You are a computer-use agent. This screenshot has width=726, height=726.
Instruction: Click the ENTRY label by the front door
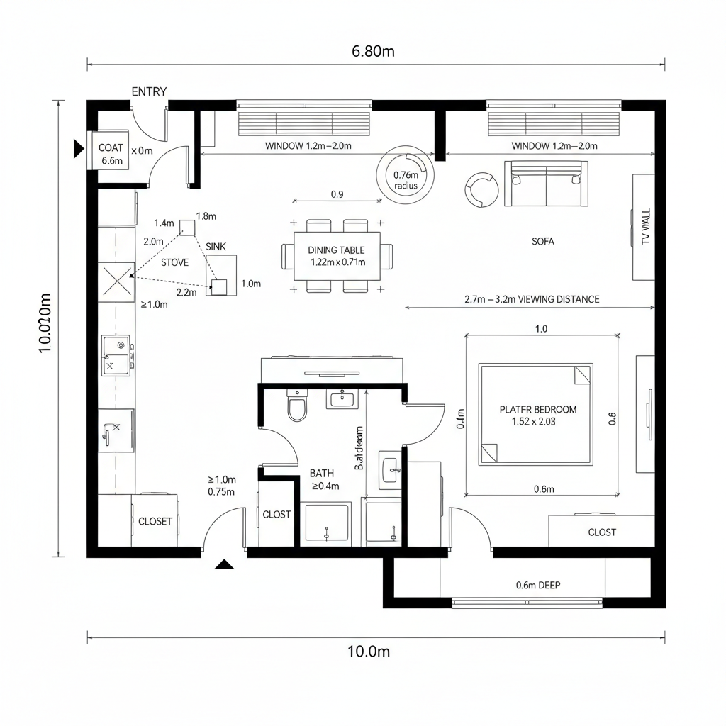(x=149, y=91)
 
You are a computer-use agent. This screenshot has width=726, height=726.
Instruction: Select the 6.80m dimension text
(x=372, y=51)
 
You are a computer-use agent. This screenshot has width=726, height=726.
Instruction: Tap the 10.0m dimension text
(x=369, y=652)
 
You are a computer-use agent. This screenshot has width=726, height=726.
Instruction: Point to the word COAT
(x=111, y=147)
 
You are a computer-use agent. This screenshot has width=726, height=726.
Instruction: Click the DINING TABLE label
(x=337, y=250)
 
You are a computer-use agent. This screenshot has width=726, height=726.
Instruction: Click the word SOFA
(x=543, y=241)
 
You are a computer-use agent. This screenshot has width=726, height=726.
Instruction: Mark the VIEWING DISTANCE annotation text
(x=532, y=299)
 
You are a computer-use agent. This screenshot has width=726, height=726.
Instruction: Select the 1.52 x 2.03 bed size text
(x=537, y=421)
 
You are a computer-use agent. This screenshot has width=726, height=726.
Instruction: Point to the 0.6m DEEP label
(x=539, y=585)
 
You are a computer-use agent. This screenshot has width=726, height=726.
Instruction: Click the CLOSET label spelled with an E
(x=155, y=521)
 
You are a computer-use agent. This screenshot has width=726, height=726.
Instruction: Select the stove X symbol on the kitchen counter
(x=116, y=282)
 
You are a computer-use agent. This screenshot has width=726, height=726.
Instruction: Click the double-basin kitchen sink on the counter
(x=117, y=355)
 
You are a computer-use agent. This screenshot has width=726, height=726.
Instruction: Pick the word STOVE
(x=174, y=262)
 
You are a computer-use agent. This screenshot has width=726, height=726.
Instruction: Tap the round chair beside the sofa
(x=482, y=189)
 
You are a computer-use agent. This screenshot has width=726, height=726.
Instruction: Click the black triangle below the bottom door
(x=225, y=564)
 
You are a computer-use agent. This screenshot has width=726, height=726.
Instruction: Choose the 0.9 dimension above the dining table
(x=337, y=194)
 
